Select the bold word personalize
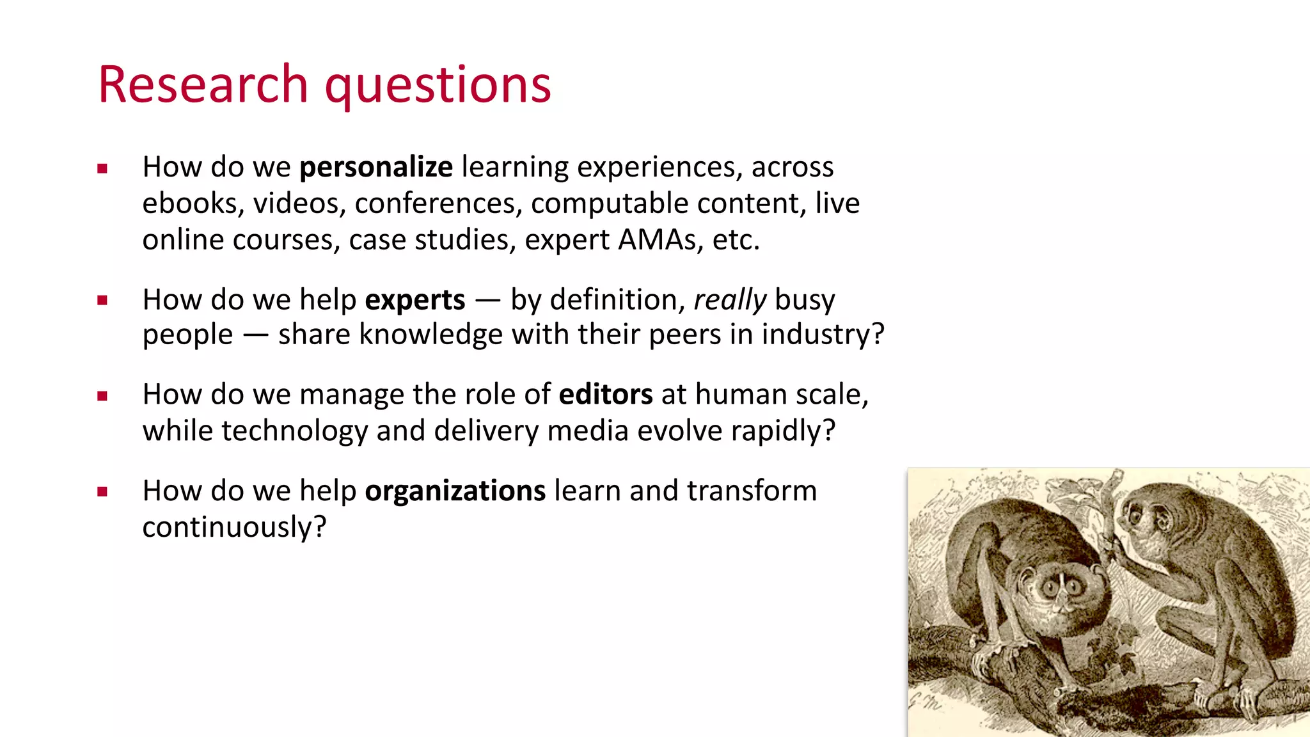pos(376,168)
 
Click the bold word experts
pos(415,300)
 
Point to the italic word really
pos(730,300)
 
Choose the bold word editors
pos(606,395)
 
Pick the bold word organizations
pos(455,491)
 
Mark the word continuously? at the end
pos(234,528)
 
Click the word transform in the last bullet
pos(752,491)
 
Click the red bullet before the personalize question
pos(102,169)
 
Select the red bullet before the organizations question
pos(102,493)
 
